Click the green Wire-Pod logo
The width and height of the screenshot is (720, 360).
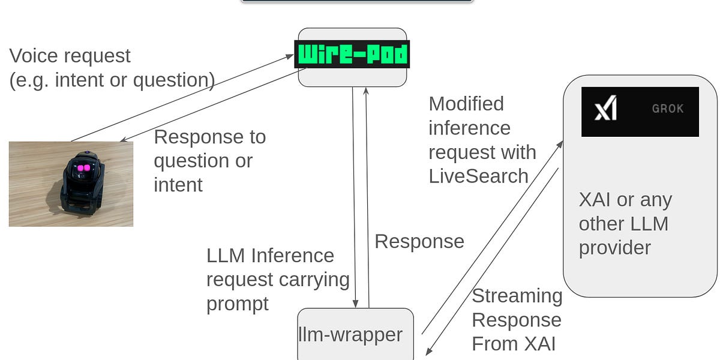352,54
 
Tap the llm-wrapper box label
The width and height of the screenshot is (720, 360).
350,335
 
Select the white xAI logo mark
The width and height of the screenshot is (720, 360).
605,107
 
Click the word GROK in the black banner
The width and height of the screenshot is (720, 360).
668,109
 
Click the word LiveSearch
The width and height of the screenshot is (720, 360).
479,176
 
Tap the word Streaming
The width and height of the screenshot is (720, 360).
517,296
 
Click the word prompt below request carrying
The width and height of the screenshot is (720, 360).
238,304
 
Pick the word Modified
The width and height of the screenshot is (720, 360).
466,104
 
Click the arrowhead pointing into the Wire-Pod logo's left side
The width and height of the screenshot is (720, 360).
290,57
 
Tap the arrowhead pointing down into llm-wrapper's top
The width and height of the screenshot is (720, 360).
355,304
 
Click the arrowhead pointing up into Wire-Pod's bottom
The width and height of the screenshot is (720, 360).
366,91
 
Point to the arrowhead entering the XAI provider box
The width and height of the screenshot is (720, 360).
560,145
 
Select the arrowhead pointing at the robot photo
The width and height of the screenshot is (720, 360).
124,139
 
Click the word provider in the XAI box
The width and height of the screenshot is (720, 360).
615,248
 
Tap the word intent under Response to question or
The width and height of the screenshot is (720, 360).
178,185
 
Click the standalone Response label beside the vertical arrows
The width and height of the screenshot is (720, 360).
419,242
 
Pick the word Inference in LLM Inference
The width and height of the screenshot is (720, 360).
293,256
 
